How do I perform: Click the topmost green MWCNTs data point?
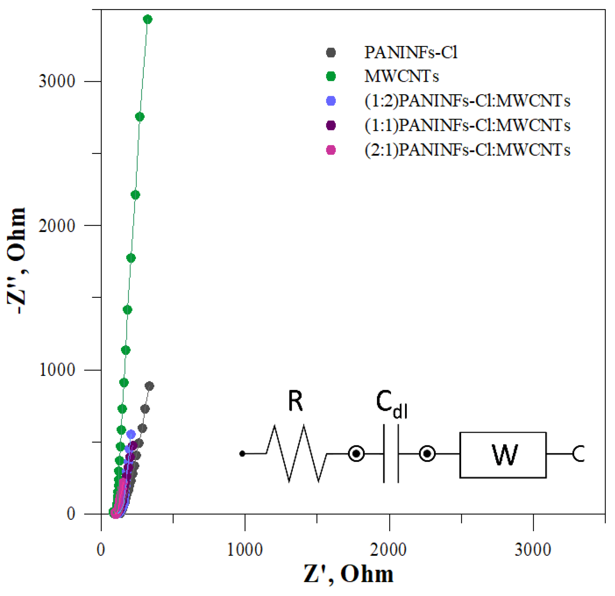(147, 20)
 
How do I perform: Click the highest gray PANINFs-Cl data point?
(149, 386)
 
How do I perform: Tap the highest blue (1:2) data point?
(131, 434)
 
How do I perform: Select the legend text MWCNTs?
(401, 77)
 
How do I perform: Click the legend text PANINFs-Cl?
(410, 53)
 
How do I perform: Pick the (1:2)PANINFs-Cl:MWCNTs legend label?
(467, 101)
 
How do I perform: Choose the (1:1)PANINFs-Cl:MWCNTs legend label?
(467, 126)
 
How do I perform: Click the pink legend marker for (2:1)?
(331, 150)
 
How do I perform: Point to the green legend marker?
(331, 77)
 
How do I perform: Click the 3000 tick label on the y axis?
(57, 81)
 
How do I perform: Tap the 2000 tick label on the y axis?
(57, 225)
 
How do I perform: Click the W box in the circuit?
(503, 455)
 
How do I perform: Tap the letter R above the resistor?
(295, 401)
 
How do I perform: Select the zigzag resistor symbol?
(296, 454)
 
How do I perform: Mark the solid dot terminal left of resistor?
(242, 454)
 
